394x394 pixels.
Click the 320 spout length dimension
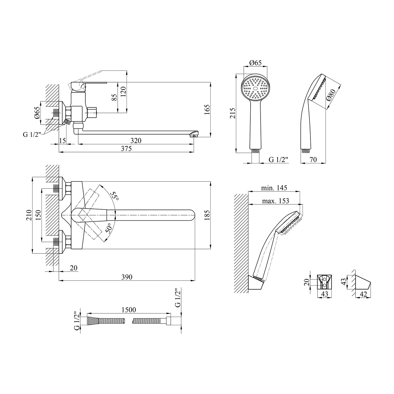click(136, 141)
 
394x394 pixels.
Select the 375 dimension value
click(126, 148)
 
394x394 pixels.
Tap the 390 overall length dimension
click(127, 277)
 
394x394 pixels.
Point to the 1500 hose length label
click(129, 310)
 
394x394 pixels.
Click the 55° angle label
click(114, 196)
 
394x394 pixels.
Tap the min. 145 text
click(274, 188)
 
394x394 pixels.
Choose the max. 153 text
click(275, 201)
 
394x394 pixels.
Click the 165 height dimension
click(207, 110)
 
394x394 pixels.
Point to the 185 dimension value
click(207, 215)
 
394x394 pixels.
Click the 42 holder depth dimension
click(363, 294)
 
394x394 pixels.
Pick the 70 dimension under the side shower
click(313, 159)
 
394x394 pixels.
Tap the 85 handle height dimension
click(114, 98)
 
